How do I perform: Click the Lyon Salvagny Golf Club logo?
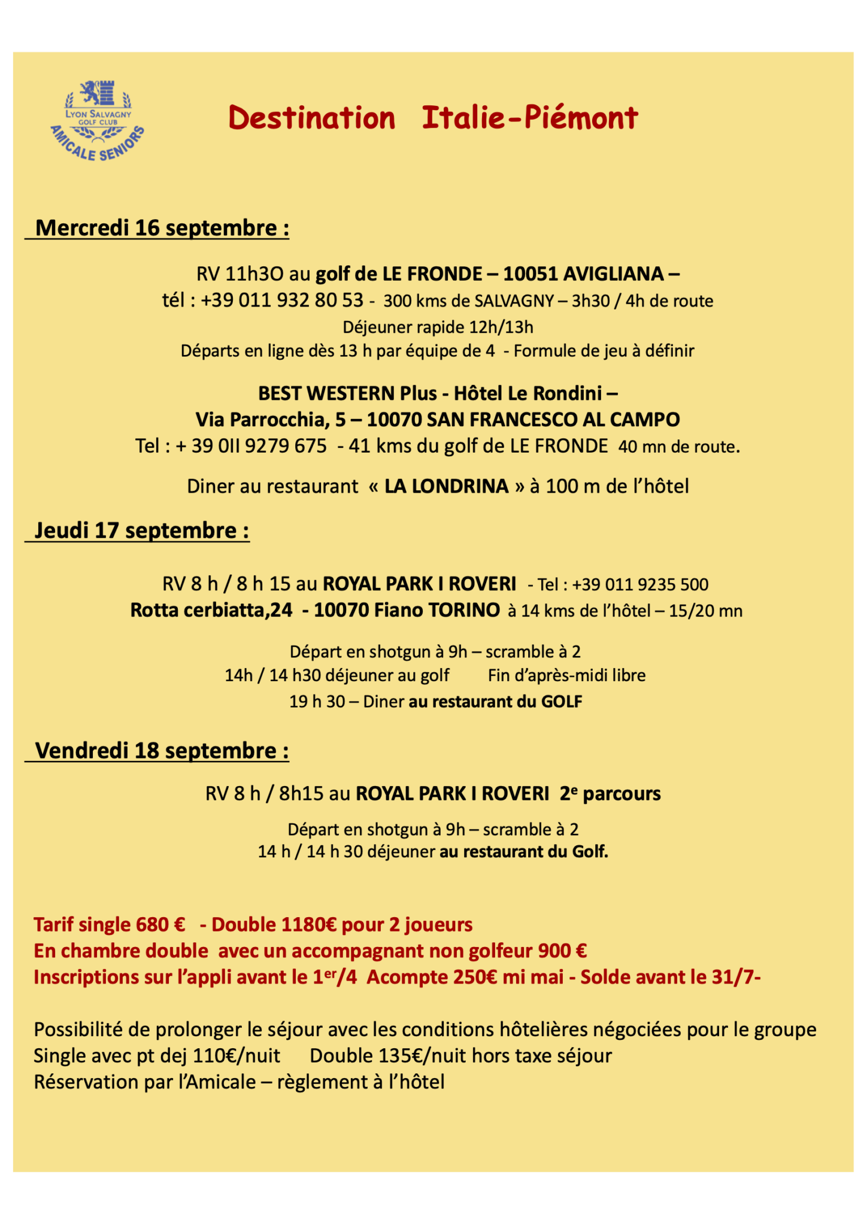pos(98,119)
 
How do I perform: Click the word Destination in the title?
pos(311,118)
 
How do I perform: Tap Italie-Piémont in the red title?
pos(530,118)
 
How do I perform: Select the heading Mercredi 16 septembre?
pos(162,228)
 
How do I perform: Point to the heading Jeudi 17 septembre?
pos(142,530)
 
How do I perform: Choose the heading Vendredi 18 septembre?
pos(162,750)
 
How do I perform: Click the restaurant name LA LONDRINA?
pos(446,485)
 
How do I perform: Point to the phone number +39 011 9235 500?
pos(640,584)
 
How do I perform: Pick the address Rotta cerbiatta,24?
pos(211,610)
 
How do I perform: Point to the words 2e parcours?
pos(610,793)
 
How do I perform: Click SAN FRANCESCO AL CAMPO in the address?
pos(553,420)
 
